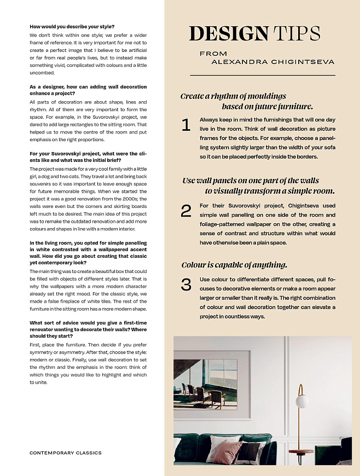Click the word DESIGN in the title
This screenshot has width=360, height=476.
click(x=229, y=34)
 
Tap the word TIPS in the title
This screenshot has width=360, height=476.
click(x=296, y=34)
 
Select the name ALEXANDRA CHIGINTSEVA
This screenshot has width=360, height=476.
click(x=272, y=62)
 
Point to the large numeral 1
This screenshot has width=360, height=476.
click(x=186, y=125)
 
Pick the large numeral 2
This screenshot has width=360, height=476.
click(x=186, y=211)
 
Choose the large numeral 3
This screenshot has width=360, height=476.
click(x=186, y=285)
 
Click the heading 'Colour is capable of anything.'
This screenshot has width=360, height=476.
click(x=234, y=265)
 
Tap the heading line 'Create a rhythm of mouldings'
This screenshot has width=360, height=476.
click(x=233, y=96)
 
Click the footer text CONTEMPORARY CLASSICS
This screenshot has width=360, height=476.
click(x=65, y=453)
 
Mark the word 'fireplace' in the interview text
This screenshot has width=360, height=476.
click(x=77, y=301)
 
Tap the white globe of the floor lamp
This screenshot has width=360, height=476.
click(x=302, y=402)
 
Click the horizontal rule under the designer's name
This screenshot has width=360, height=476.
click(x=262, y=74)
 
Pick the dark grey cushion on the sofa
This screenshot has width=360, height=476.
click(x=250, y=451)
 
